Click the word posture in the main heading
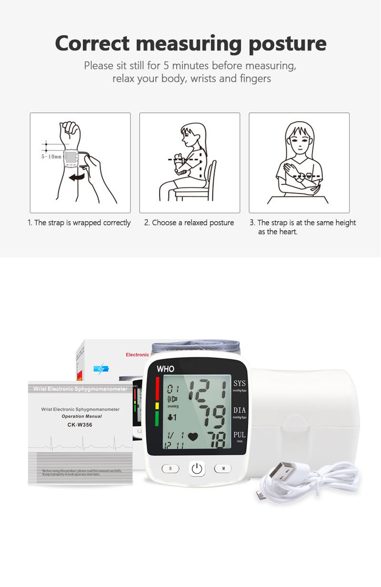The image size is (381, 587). point(289,44)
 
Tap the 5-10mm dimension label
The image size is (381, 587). point(51,156)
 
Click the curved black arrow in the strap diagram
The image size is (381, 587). point(77,177)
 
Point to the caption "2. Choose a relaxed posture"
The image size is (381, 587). point(189,223)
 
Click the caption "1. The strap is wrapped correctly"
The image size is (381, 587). point(79,223)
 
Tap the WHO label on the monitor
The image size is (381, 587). point(165,369)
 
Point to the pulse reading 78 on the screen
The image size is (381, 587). point(218,440)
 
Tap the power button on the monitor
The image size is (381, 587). point(197,469)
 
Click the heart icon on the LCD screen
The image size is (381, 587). point(193,436)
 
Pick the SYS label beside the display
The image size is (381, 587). point(239,383)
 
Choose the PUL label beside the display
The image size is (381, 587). point(239,435)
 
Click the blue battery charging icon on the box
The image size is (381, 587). point(101,369)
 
